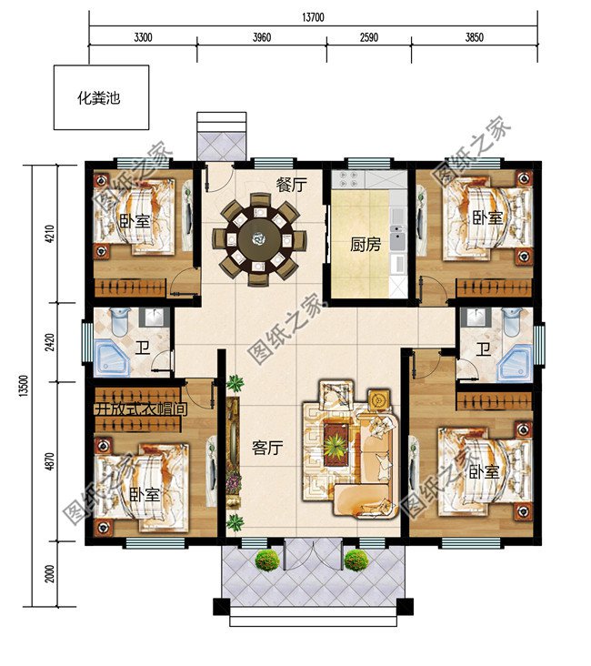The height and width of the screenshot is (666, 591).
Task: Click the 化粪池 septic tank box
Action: [99, 98]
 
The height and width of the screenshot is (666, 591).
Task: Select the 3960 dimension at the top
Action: [260, 38]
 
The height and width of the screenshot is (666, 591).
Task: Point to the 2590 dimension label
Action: [368, 38]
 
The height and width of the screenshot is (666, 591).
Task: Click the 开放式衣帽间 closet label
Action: [140, 409]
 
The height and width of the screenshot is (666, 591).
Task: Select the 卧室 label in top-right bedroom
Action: [486, 217]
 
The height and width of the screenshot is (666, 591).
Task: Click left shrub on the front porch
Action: [265, 560]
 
